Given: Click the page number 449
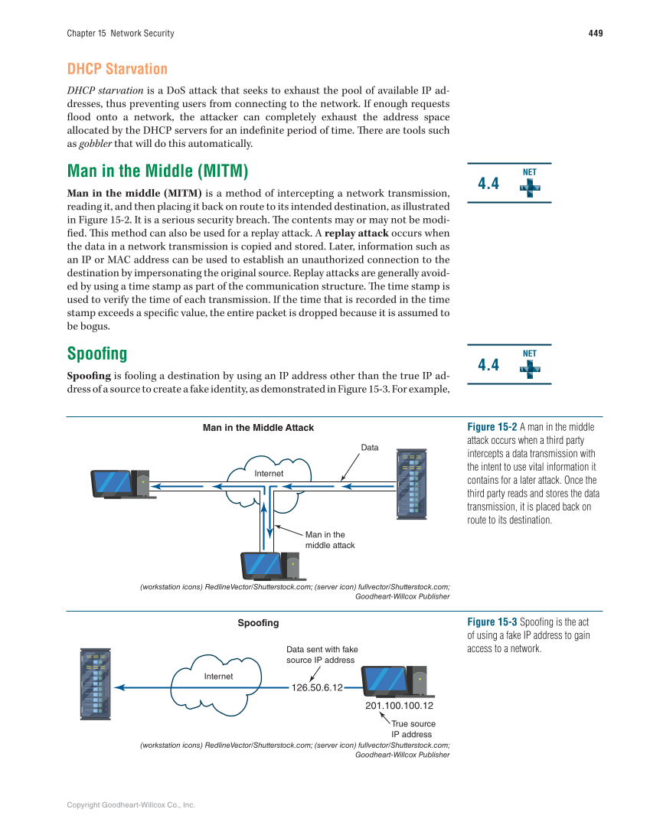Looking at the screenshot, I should [x=596, y=33].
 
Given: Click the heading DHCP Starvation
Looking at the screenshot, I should [x=117, y=69].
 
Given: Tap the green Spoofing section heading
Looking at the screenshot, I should [x=97, y=354].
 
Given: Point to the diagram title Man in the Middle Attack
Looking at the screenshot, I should [x=258, y=428].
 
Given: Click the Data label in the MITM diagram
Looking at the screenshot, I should [x=370, y=448].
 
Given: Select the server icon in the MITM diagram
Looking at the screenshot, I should [x=410, y=482].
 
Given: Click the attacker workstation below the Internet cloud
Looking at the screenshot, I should [x=269, y=565].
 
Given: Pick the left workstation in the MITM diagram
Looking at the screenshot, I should [x=119, y=484].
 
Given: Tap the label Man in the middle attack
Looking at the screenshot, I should [x=329, y=540].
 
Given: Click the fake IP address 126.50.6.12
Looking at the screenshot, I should [x=317, y=687].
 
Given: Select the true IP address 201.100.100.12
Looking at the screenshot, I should [x=400, y=705].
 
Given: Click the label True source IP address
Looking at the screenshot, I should [x=413, y=729].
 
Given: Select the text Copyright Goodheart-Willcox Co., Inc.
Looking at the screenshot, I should [x=131, y=804].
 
